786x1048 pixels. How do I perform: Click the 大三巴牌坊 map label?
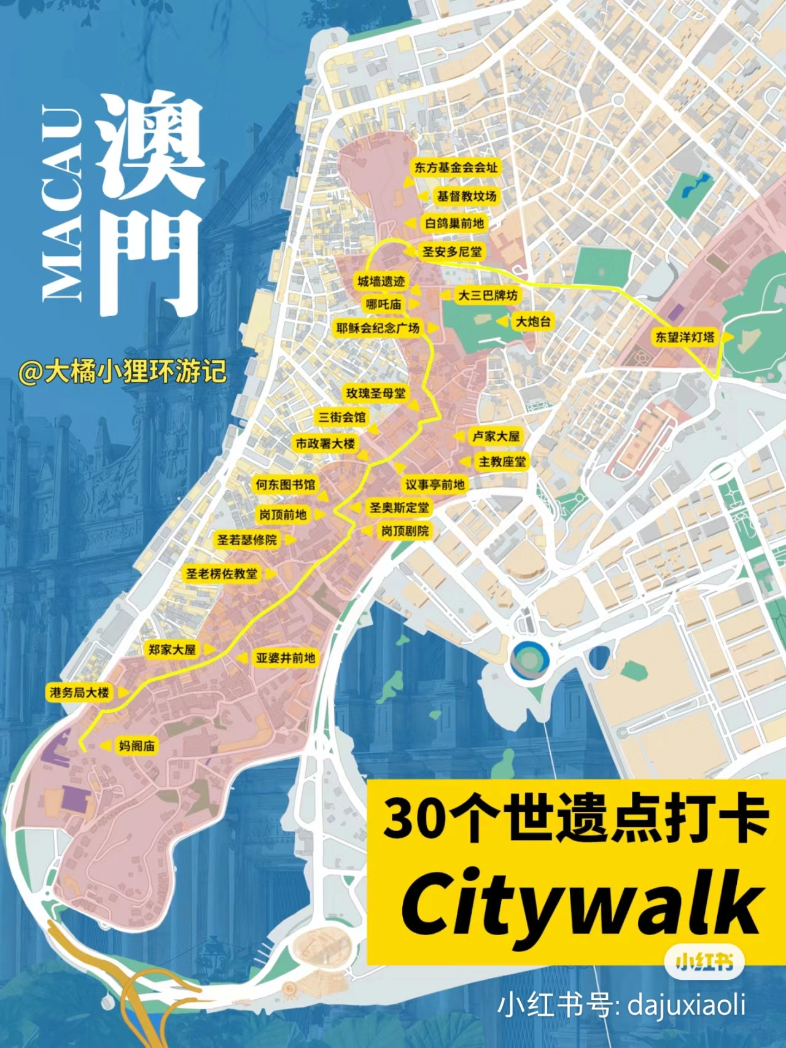pos(488,295)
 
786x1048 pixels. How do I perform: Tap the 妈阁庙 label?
pos(137,746)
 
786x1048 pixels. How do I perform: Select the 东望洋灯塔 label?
pos(685,336)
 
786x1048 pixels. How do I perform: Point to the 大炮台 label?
pos(533,321)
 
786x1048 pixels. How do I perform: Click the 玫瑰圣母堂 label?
pos(376,393)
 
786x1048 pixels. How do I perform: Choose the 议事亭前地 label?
pos(435,484)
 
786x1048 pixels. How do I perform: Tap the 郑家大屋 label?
pos(172,649)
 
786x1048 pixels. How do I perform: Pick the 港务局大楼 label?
pos(79,693)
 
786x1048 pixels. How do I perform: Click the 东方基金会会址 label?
pos(456,167)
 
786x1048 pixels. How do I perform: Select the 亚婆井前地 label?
pos(286,658)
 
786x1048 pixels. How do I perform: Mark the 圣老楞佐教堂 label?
pos(222,573)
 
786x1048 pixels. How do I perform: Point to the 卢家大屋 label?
pos(496,436)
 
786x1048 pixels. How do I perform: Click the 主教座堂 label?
pos(502,462)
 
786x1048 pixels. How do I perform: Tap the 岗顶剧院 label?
pos(405,530)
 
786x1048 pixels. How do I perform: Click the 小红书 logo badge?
pos(704,962)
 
